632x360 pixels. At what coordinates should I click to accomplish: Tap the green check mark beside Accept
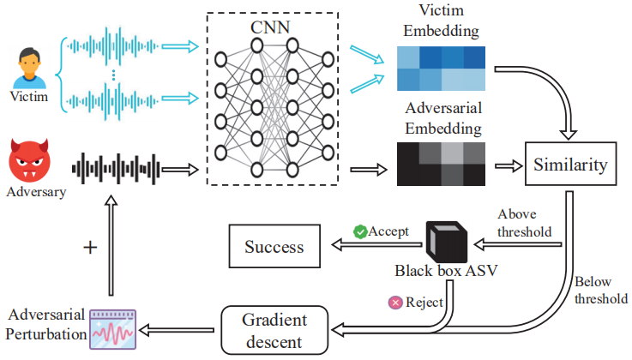[x=361, y=231]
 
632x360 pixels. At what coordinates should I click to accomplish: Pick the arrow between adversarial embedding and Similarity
[x=507, y=165]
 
